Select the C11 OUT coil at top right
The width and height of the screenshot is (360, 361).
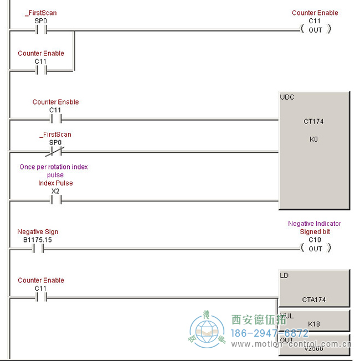(315, 30)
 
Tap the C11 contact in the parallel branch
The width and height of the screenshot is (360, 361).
(40, 70)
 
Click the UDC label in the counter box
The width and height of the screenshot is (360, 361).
(287, 97)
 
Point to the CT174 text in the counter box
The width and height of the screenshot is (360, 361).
(313, 121)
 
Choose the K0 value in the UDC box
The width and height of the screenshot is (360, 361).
(313, 140)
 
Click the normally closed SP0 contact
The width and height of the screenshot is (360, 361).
(55, 151)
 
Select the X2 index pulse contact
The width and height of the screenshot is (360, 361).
(55, 200)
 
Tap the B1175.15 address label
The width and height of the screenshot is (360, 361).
(38, 240)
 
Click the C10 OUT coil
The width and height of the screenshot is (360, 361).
(315, 249)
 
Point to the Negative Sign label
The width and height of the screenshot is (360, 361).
(38, 232)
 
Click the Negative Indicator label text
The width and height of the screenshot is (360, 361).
(314, 224)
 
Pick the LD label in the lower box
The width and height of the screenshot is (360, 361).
(285, 275)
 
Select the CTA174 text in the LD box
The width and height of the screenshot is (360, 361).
(313, 300)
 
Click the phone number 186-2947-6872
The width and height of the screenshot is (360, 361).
(270, 333)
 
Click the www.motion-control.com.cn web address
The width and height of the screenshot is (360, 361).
(291, 344)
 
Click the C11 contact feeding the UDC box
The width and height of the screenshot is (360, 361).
(55, 118)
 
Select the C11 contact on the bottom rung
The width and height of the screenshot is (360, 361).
(40, 297)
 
